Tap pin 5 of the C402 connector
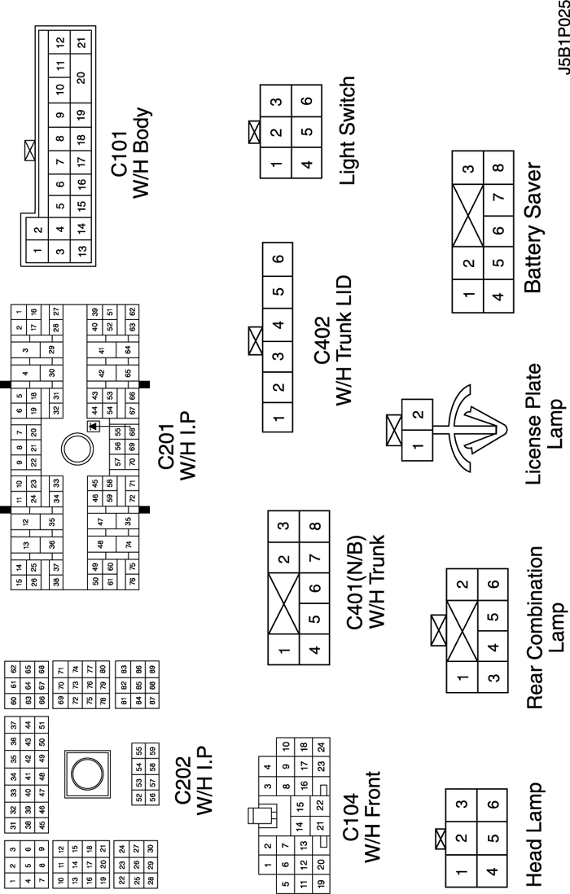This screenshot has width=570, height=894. (278, 291)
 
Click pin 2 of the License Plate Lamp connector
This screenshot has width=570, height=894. (418, 414)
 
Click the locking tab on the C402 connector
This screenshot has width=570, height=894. (254, 339)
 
